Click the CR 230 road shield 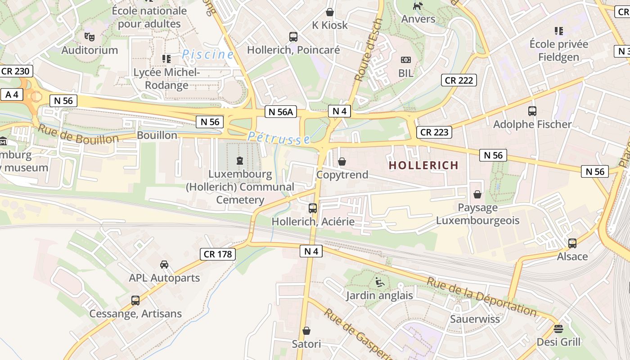pos(15,71)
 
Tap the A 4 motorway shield pos(12,94)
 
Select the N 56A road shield pos(281,112)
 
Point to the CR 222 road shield pos(459,80)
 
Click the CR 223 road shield pos(434,132)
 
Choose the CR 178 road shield pos(218,254)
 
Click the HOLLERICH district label pos(423,165)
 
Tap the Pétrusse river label pos(279,138)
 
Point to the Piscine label pos(207,54)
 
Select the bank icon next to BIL pos(405,60)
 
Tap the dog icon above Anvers pos(418,6)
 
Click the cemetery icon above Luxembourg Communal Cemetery pos(239,160)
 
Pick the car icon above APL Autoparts pos(164,265)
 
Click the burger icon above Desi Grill pos(558,328)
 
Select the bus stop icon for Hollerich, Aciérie pos(313,208)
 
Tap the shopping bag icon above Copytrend pos(342,162)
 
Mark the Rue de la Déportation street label pos(481,297)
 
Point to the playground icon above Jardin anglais pos(380,283)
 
